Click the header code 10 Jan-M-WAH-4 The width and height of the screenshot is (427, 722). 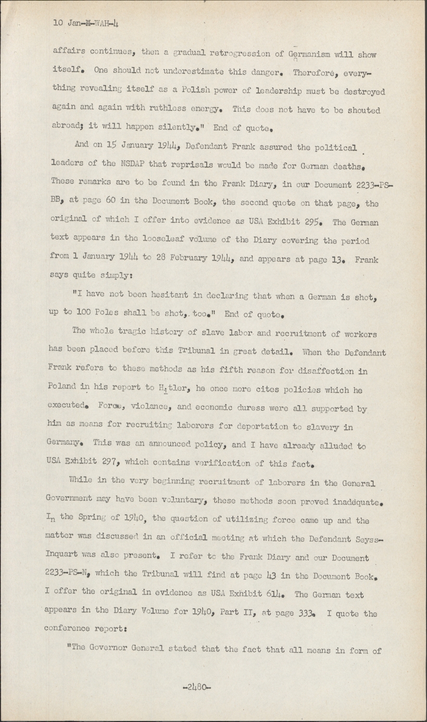86,22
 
